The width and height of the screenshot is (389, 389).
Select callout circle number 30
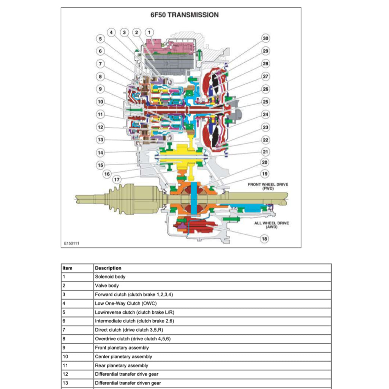266,38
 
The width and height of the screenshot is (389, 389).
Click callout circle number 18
264,239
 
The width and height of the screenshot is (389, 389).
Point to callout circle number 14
100,153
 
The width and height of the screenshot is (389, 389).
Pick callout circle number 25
266,102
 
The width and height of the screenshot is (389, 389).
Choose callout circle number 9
100,89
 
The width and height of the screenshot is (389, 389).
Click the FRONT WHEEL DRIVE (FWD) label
268,186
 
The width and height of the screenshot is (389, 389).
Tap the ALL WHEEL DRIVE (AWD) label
271,225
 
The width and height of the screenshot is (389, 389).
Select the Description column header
108,268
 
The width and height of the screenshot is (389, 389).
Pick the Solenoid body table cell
110,277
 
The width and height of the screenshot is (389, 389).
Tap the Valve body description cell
107,286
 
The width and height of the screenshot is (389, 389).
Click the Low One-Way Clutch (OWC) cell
125,304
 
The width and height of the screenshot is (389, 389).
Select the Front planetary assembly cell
122,348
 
